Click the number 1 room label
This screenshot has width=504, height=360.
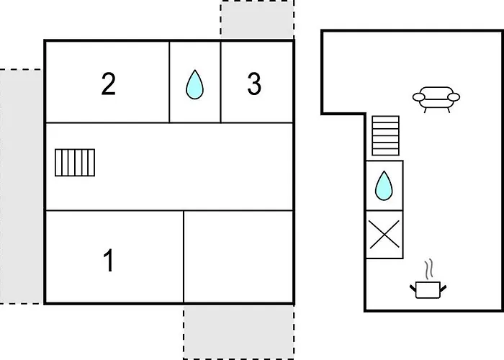109,260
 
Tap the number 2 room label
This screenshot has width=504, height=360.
108,84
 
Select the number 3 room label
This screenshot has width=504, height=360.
253,84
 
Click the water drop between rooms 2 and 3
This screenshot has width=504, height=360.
194,84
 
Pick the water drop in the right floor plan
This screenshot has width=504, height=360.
384,186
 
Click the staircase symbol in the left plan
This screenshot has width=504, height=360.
75,162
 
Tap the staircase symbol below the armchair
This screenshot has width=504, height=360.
385,135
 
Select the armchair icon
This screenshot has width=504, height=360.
436,99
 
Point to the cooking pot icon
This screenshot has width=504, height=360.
429,289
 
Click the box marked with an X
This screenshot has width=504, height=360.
384,235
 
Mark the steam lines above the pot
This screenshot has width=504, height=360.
429,269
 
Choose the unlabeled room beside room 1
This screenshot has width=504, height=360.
238,257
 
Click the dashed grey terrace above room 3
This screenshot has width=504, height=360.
257,19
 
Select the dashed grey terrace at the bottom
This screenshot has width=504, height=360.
238,331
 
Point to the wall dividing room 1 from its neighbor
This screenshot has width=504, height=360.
184,257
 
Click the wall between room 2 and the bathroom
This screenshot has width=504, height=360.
169,81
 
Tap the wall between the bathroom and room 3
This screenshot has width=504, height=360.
220,81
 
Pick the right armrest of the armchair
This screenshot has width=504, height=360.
455,97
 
